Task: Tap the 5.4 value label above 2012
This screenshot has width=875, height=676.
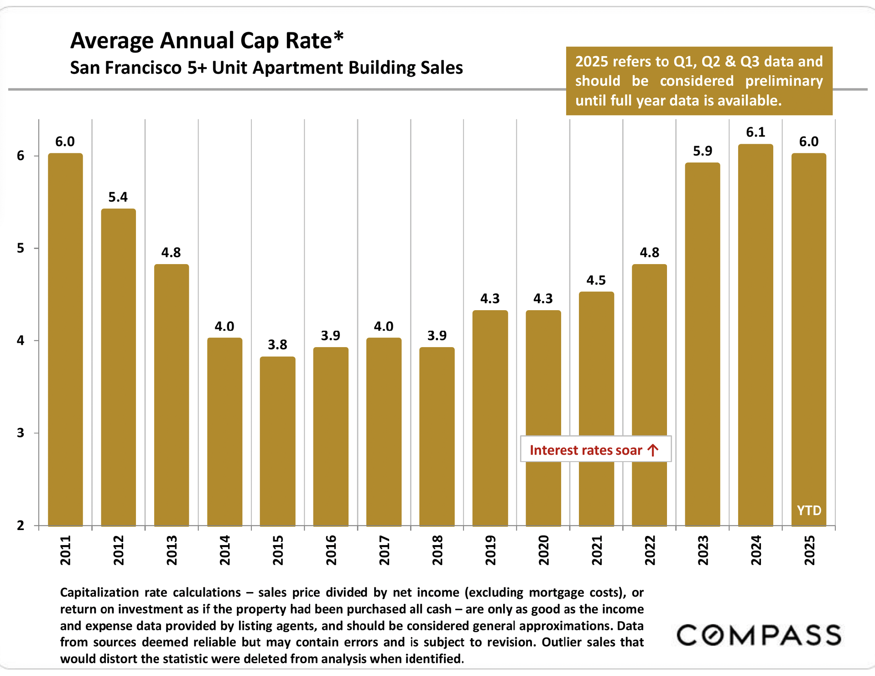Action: pyautogui.click(x=118, y=197)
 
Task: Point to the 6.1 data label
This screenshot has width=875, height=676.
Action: pyautogui.click(x=755, y=132)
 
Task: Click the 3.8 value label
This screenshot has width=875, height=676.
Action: pyautogui.click(x=277, y=345)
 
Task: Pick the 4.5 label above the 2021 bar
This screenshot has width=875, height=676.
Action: pyautogui.click(x=596, y=280)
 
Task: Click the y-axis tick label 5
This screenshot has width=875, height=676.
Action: pyautogui.click(x=21, y=249)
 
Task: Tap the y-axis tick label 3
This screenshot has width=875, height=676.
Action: pyautogui.click(x=21, y=433)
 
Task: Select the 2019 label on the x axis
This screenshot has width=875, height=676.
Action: pyautogui.click(x=490, y=550)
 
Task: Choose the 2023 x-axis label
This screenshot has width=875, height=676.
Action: pyautogui.click(x=703, y=550)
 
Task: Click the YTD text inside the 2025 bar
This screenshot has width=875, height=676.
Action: pyautogui.click(x=809, y=510)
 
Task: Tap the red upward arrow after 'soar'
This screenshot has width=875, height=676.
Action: pyautogui.click(x=653, y=450)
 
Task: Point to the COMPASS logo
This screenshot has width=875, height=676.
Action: pyautogui.click(x=759, y=635)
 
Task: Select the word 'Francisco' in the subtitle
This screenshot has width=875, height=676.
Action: pyautogui.click(x=150, y=68)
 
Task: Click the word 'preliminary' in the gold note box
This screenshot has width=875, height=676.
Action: pyautogui.click(x=784, y=81)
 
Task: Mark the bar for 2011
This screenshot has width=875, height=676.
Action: pyautogui.click(x=65, y=340)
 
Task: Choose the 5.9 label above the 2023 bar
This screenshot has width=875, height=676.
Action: pyautogui.click(x=703, y=151)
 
